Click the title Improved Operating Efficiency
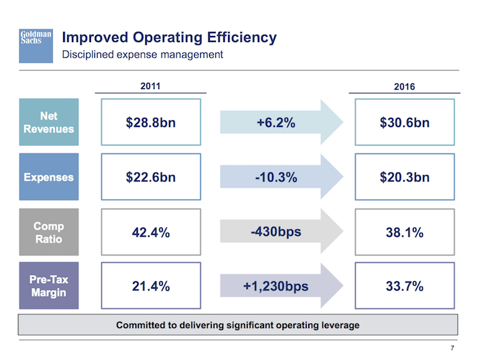click(169, 37)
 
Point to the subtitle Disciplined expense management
click(143, 54)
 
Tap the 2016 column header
click(404, 87)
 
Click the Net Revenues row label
click(49, 123)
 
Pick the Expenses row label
click(49, 177)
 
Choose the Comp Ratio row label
click(49, 232)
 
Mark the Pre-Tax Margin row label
click(49, 286)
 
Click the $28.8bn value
click(151, 123)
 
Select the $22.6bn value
click(151, 177)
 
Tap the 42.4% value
click(151, 232)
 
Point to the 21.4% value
click(151, 286)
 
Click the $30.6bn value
click(405, 123)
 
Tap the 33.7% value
click(405, 286)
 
